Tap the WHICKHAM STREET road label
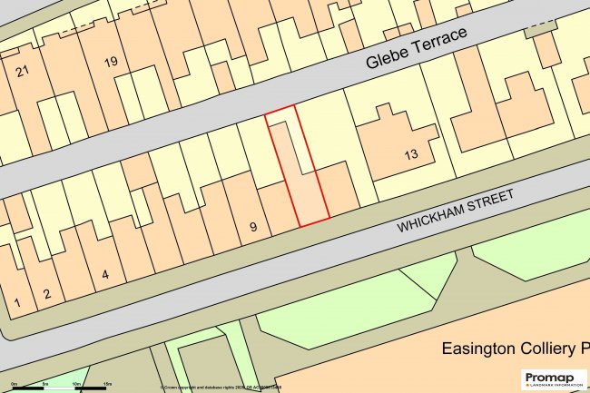click(x=455, y=211)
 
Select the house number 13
click(x=411, y=155)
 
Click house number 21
click(x=24, y=71)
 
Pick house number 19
click(x=111, y=62)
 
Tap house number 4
click(x=105, y=273)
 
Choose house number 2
click(x=47, y=293)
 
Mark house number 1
click(x=16, y=302)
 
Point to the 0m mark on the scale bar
click(x=15, y=385)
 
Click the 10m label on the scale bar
click(x=75, y=385)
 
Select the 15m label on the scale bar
click(x=106, y=385)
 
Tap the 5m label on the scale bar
click(x=45, y=385)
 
